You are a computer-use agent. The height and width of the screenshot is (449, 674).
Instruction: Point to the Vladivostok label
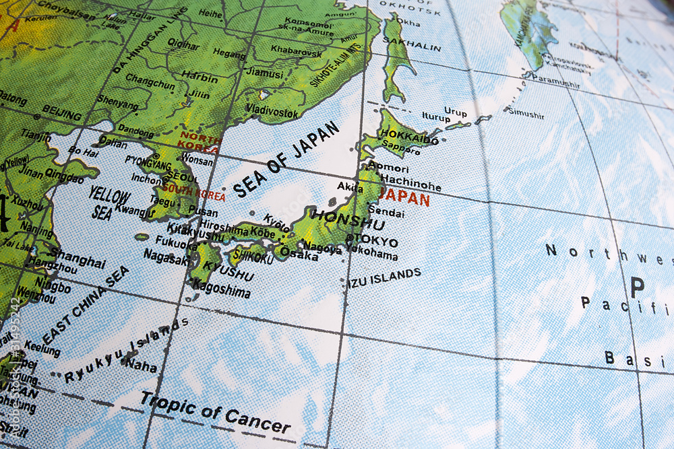click(x=272, y=110)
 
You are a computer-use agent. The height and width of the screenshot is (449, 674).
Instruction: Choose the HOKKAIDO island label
click(x=409, y=137)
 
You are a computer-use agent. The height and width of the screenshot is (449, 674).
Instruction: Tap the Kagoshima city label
click(x=221, y=288)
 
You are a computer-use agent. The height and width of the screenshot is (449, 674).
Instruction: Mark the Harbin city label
click(x=200, y=77)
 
